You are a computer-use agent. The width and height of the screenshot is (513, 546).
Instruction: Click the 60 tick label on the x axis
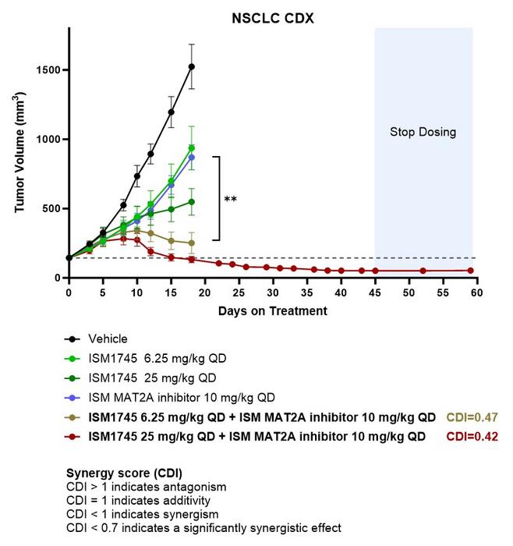click(x=476, y=292)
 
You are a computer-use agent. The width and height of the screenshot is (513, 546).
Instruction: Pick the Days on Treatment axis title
click(x=272, y=310)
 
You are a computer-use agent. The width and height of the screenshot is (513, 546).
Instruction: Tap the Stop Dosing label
click(x=423, y=132)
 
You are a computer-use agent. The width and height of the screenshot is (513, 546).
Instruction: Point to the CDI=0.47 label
click(x=470, y=417)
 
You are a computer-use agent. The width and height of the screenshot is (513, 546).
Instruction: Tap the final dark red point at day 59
click(x=470, y=270)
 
